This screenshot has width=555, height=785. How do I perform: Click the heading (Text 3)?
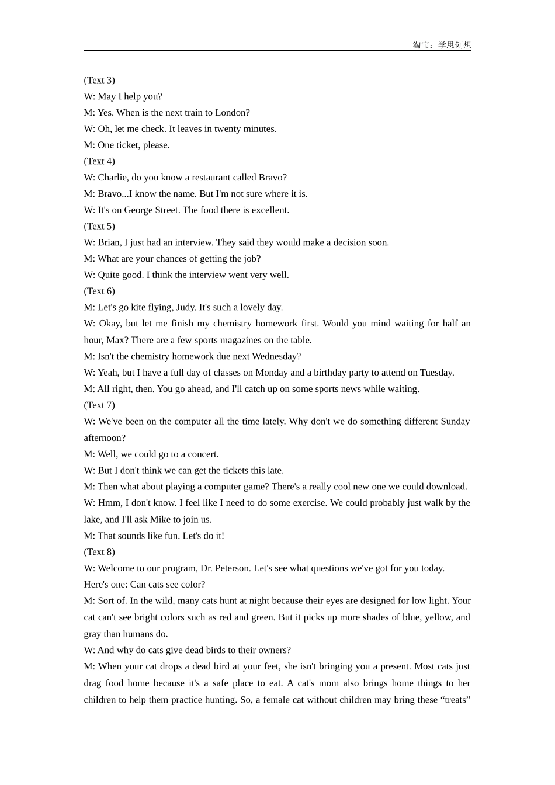click(x=99, y=80)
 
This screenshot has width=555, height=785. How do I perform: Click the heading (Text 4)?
click(x=99, y=161)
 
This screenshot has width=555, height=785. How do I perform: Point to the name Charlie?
click(x=113, y=178)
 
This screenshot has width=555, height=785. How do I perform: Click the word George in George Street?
click(x=138, y=210)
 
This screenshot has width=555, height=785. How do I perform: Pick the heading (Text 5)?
click(x=99, y=226)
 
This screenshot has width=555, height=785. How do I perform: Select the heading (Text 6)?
click(x=99, y=291)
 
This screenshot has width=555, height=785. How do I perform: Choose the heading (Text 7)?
click(x=99, y=405)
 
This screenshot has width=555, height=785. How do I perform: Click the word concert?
click(x=203, y=454)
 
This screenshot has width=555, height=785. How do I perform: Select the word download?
click(x=448, y=487)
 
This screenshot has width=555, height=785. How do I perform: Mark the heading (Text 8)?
click(x=99, y=552)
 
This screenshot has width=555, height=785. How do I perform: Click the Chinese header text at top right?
click(x=442, y=45)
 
